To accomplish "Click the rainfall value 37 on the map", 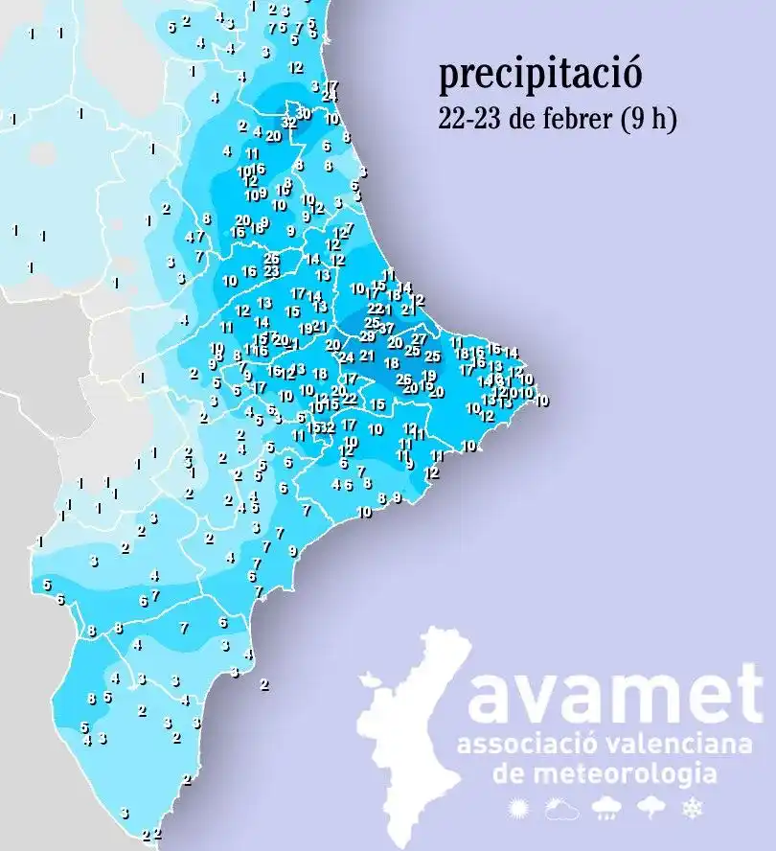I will (x=387, y=328).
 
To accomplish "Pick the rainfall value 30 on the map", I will (x=305, y=114).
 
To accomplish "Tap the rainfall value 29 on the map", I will (x=367, y=336).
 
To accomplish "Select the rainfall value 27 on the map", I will (x=419, y=339).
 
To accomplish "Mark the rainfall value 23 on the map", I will (x=272, y=271).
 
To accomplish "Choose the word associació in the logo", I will (x=520, y=745).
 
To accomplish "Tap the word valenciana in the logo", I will (x=670, y=745).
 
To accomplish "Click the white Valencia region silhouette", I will (x=412, y=738).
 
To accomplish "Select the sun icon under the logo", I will (x=519, y=809).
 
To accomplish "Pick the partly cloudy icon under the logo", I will (x=561, y=809).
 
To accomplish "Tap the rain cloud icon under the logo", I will (x=605, y=809).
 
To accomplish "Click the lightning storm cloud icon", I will (x=650, y=809).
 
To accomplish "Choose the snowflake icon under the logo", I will (x=690, y=809).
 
